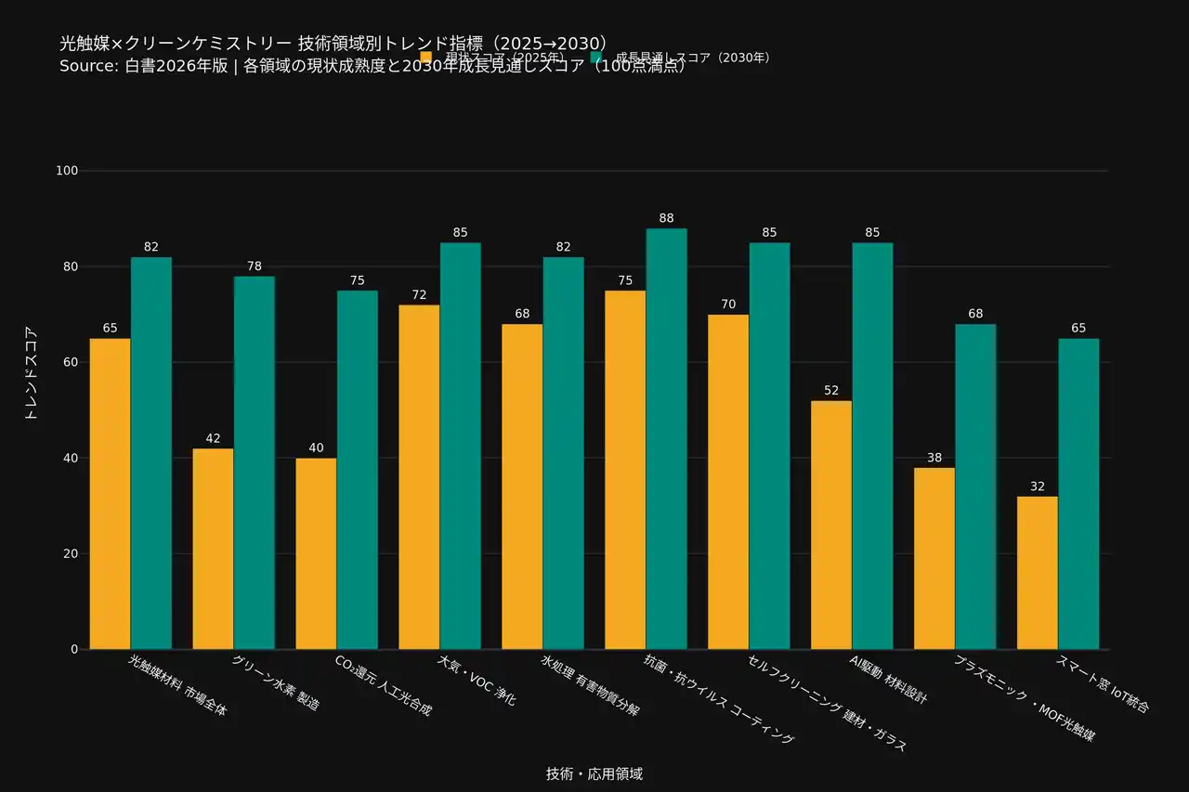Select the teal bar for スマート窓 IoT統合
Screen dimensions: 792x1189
tap(1078, 494)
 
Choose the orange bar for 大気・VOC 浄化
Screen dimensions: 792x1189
tap(419, 477)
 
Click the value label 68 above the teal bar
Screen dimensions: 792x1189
tap(975, 314)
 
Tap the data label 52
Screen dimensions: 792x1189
tap(831, 391)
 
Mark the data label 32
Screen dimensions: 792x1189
tap(1038, 487)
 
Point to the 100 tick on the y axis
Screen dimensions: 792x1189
tap(67, 171)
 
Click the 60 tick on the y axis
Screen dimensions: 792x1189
tap(71, 362)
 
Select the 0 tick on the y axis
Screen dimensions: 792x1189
tap(74, 649)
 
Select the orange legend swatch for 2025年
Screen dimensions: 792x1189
tap(426, 58)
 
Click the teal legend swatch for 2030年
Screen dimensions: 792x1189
tap(596, 58)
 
